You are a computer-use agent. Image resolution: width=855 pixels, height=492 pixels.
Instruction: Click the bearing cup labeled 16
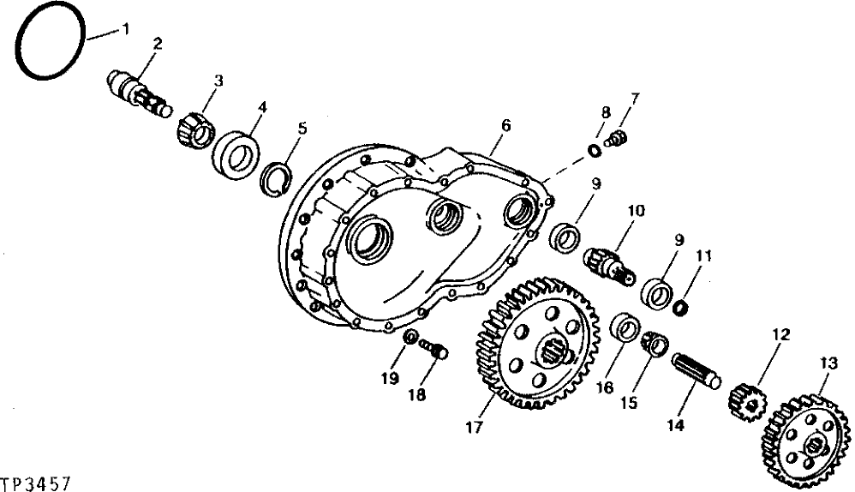pyautogui.click(x=625, y=329)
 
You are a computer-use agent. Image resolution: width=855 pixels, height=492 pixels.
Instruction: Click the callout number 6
pyautogui.click(x=505, y=125)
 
